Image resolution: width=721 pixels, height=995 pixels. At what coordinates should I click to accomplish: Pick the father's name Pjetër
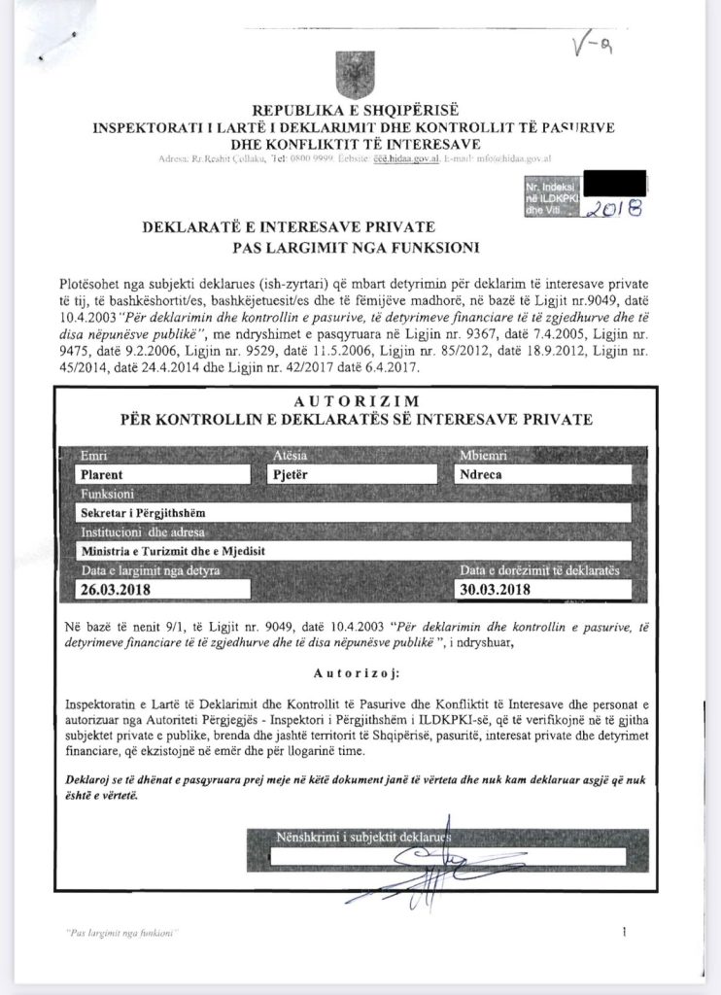pyautogui.click(x=292, y=475)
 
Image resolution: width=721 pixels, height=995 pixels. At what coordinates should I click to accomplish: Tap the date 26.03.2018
pyautogui.click(x=118, y=589)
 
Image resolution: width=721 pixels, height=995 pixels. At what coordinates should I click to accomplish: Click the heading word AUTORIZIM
pyautogui.click(x=356, y=401)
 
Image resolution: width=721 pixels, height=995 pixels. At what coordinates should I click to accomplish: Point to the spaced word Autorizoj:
pyautogui.click(x=356, y=671)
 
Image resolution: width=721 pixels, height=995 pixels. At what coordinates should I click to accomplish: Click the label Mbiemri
pyautogui.click(x=484, y=456)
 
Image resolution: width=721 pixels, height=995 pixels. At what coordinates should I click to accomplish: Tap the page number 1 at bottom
pyautogui.click(x=623, y=933)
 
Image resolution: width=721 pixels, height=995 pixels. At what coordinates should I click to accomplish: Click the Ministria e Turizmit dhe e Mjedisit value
pyautogui.click(x=174, y=551)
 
